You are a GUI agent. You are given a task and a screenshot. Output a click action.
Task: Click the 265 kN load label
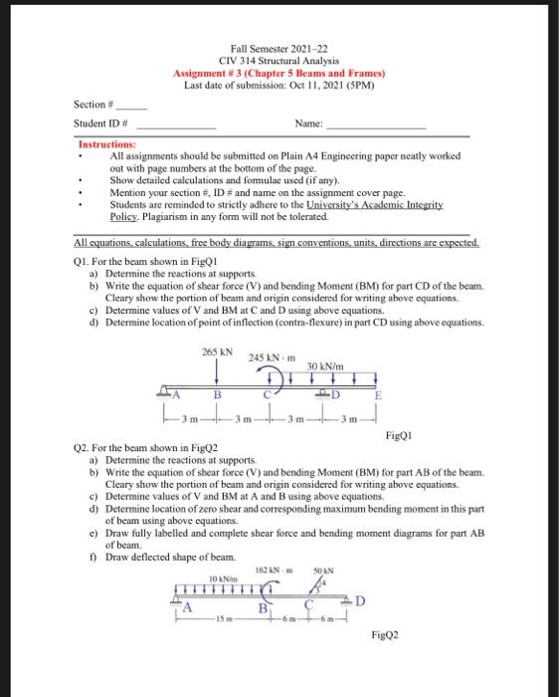point(217,352)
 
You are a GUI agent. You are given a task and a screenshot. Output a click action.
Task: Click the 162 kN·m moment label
point(271,569)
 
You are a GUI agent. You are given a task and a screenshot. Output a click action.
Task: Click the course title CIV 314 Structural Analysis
point(279,61)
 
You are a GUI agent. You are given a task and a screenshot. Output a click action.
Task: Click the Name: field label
point(309,123)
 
